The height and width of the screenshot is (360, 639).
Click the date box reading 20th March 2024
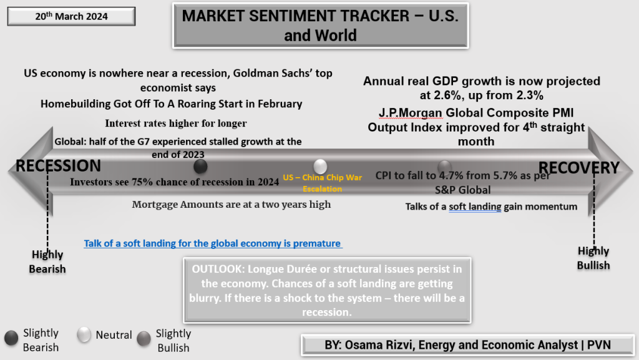[x=71, y=16]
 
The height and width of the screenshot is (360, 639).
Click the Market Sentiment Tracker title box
[x=320, y=26]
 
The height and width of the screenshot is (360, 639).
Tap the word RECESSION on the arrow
[x=58, y=166]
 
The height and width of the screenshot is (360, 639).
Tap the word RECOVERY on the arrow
[x=578, y=167]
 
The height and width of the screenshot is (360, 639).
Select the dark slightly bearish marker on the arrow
[x=200, y=166]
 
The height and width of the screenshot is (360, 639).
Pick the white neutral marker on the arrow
[x=320, y=166]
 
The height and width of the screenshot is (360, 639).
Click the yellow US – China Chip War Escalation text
[x=323, y=183]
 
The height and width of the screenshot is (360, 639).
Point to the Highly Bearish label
[x=47, y=262]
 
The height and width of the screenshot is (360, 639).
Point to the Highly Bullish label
[x=593, y=258]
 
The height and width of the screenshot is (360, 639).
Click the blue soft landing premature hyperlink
[x=213, y=243]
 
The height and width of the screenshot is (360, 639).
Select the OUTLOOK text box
[x=327, y=290]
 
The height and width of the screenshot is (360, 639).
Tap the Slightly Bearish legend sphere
[x=11, y=338]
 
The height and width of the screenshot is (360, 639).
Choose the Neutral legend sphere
[x=84, y=334]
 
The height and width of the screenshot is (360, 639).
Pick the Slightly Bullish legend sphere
[x=144, y=338]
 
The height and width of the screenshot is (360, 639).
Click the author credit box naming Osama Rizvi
[x=468, y=345]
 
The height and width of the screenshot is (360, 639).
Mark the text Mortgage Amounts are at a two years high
[x=232, y=205]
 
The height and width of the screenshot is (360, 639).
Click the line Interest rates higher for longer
[x=175, y=123]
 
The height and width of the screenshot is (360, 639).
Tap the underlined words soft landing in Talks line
[x=475, y=207]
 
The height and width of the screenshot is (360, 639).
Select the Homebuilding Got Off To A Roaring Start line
[x=171, y=104]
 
